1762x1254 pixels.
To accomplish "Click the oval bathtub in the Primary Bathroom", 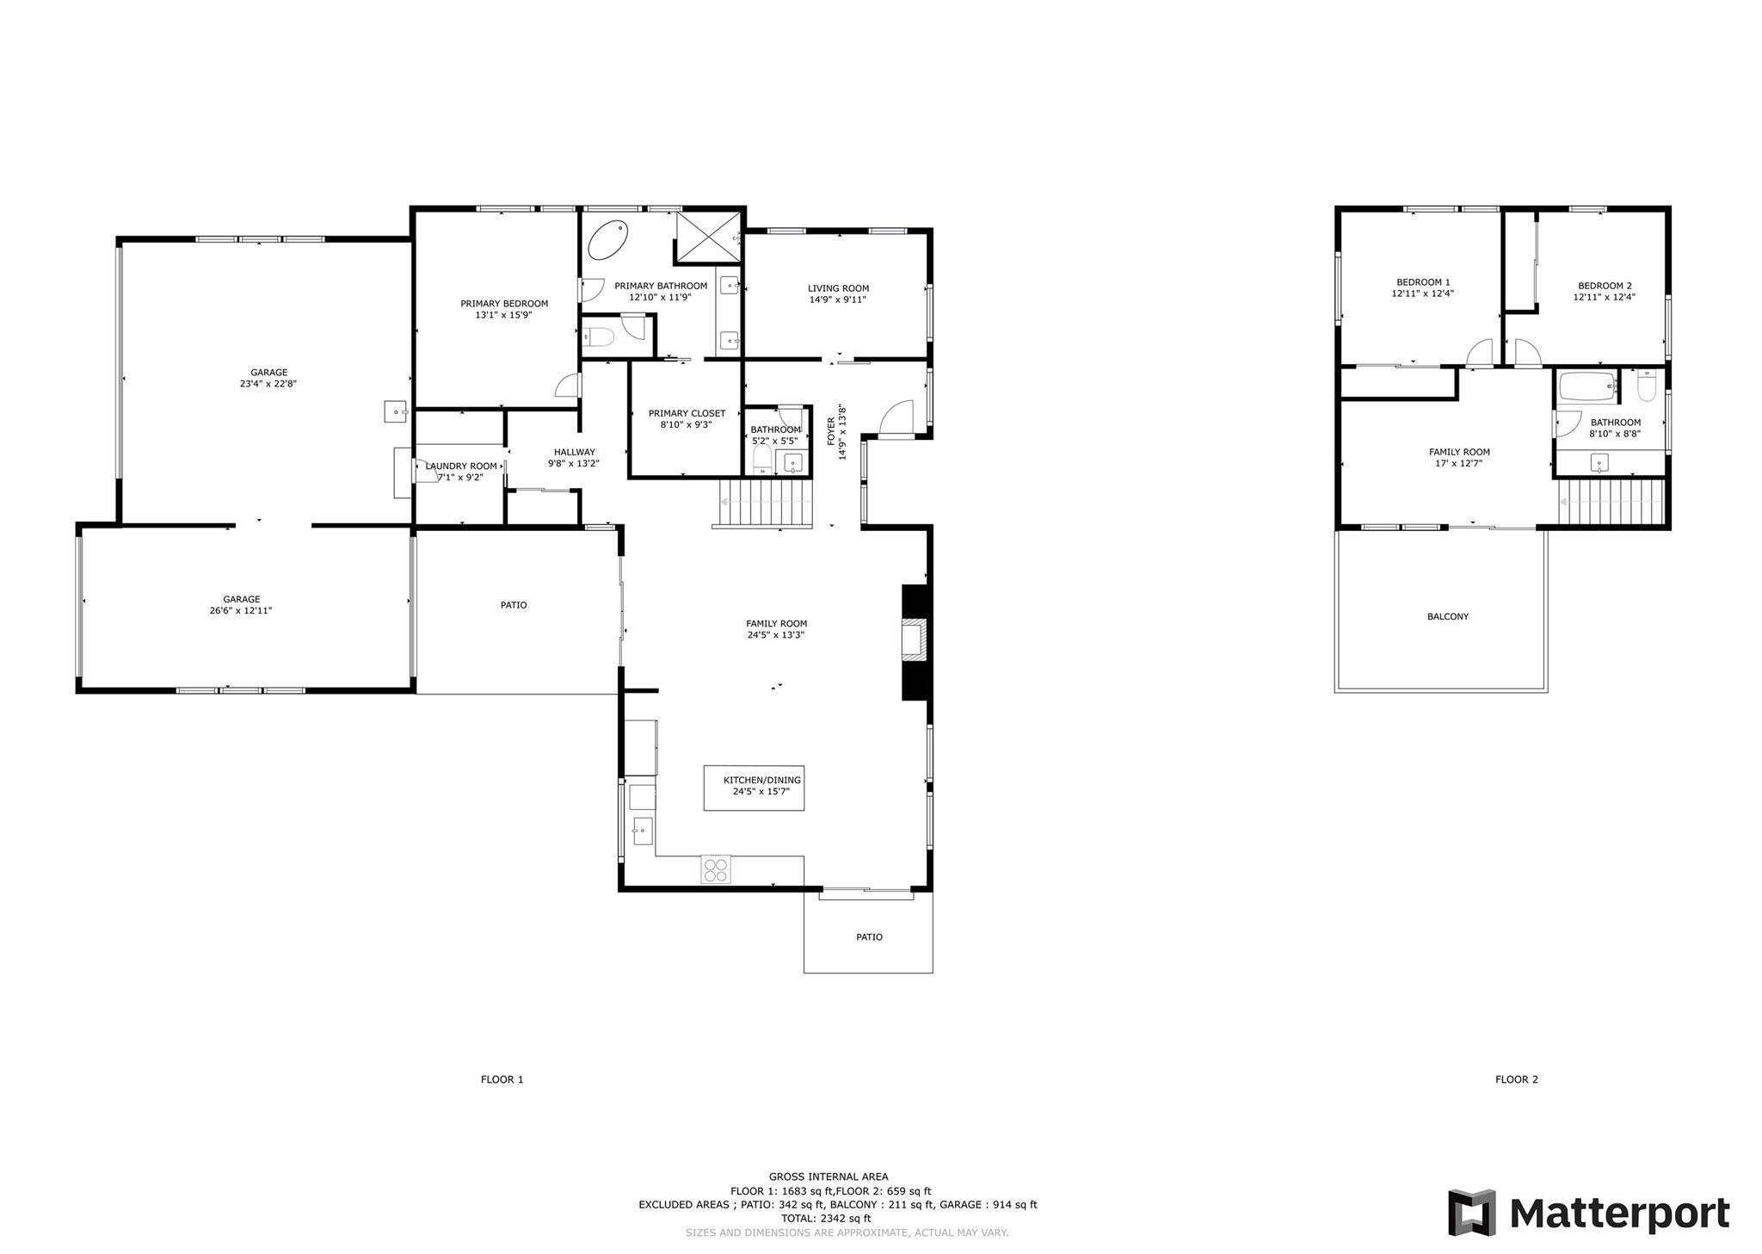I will point(608,240).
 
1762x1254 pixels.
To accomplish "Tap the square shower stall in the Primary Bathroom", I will point(707,235).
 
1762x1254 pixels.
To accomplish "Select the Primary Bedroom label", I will point(504,303).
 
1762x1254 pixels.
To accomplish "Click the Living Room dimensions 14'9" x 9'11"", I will point(838,300).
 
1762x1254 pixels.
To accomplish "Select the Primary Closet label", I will point(687,413).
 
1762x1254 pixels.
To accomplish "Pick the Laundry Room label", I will point(461,466).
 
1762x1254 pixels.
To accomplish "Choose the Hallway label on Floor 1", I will point(574,452).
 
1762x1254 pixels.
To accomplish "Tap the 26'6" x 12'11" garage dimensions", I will point(242,610).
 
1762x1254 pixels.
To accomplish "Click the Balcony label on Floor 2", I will point(1448,617).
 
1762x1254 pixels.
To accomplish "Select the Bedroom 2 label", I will point(1605,286).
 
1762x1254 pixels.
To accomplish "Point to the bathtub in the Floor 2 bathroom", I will point(1587,387).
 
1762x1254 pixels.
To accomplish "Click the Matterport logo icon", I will point(1471,1213).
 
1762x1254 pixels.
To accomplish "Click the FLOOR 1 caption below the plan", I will point(502,1079).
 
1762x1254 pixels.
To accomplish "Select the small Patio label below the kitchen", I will point(869,936).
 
